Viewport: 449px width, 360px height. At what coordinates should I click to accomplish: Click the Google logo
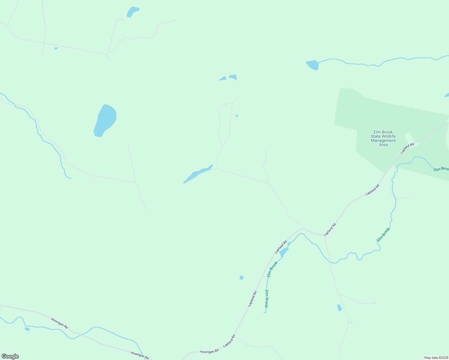click(10, 356)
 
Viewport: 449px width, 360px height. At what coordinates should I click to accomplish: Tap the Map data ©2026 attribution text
click(436, 358)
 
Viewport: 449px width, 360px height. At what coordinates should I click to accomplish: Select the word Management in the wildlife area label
click(383, 140)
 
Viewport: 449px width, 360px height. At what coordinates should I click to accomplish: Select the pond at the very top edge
click(132, 12)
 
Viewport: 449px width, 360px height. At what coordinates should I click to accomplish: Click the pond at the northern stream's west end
click(312, 65)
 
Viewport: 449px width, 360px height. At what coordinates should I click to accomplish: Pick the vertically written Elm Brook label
click(266, 298)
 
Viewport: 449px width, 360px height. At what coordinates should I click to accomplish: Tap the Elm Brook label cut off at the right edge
click(441, 169)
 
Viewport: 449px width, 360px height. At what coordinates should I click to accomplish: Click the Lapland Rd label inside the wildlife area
click(407, 148)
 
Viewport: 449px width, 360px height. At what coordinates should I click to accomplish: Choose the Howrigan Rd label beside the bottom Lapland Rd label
click(209, 351)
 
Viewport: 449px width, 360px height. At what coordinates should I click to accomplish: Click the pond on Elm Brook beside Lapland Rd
click(284, 252)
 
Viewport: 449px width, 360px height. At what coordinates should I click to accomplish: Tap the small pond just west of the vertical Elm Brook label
click(241, 277)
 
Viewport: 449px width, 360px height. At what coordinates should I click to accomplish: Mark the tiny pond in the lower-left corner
click(27, 329)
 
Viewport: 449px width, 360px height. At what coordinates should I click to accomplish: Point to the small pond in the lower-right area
click(339, 307)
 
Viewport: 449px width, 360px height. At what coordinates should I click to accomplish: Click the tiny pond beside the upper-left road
click(56, 48)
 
